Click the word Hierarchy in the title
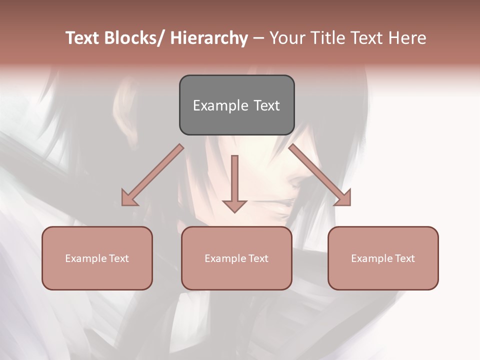209,38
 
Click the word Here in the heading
409,38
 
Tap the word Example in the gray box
220,105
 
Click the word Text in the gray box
266,105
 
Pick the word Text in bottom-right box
404,258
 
